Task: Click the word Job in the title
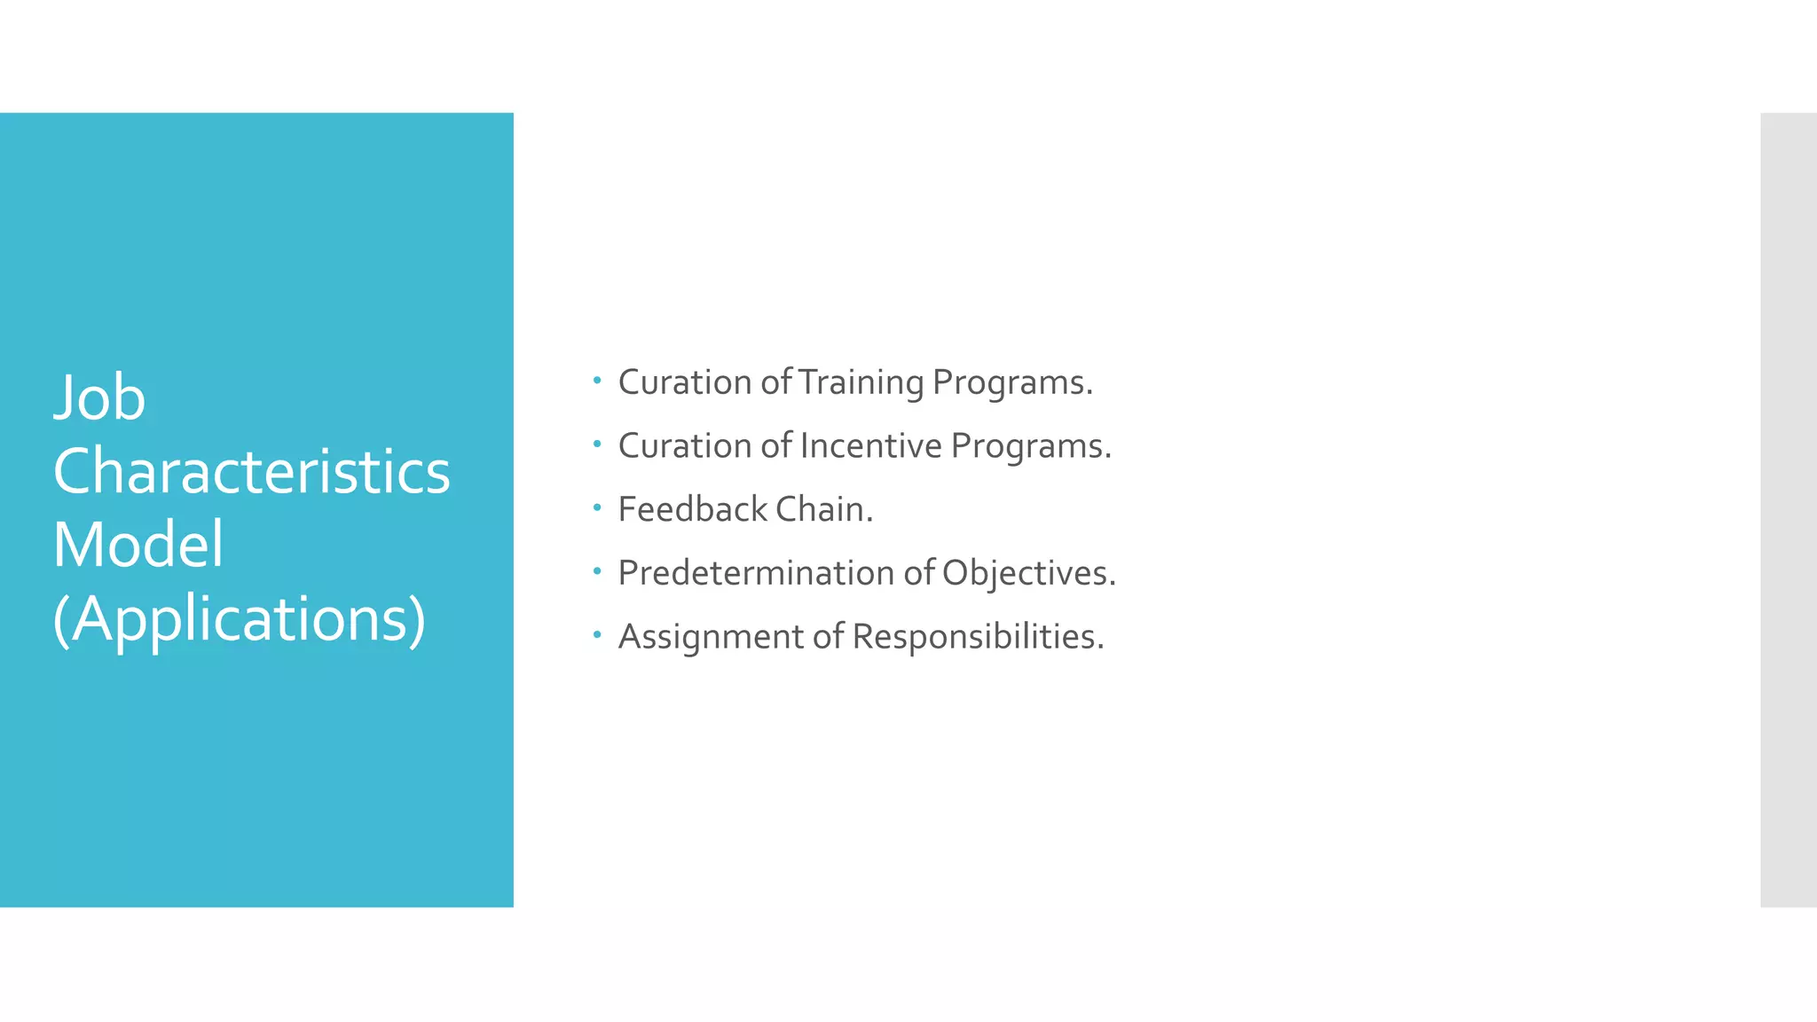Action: click(99, 397)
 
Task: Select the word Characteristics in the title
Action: click(251, 471)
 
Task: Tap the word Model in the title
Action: click(138, 544)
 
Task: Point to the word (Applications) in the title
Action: click(240, 618)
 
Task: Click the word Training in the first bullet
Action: click(861, 382)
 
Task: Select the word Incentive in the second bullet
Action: click(870, 445)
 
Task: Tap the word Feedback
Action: click(692, 509)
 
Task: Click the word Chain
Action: click(824, 509)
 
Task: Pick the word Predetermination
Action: click(755, 573)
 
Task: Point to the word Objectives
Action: click(1028, 573)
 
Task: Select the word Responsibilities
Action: click(978, 636)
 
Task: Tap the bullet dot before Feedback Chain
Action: click(597, 508)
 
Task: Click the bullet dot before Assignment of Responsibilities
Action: click(597, 635)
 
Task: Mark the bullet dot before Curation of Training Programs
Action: click(597, 381)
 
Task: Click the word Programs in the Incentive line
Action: click(1031, 445)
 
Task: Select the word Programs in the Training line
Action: click(1012, 382)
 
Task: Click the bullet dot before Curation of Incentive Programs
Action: click(597, 444)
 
